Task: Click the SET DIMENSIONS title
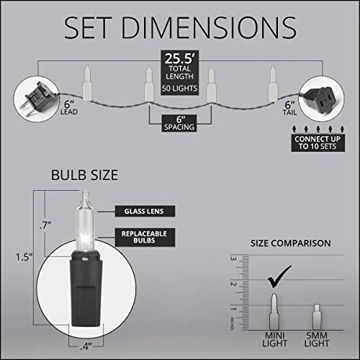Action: tap(180, 28)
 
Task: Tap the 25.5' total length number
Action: tap(179, 58)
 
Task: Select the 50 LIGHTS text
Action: tap(179, 89)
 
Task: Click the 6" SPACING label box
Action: tap(179, 123)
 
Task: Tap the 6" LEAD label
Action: tap(69, 108)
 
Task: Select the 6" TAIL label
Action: tap(289, 108)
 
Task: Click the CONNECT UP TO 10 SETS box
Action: tap(318, 143)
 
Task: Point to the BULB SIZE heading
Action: tap(84, 175)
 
